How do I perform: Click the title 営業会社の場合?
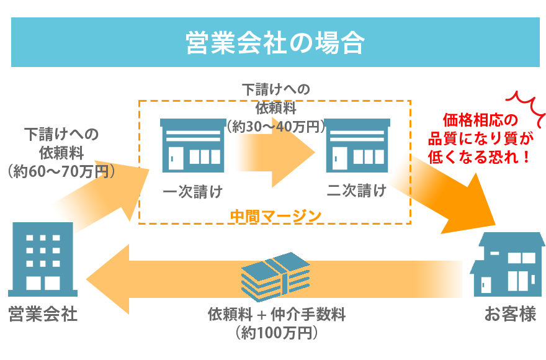[x=275, y=43]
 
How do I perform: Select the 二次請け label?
[x=357, y=191]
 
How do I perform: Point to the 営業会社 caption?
[x=43, y=313]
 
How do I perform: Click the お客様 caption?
[x=510, y=314]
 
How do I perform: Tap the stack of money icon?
[x=275, y=276]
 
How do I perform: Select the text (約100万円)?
[x=277, y=333]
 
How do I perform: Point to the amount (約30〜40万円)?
[x=276, y=127]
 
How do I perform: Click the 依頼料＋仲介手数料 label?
[x=277, y=314]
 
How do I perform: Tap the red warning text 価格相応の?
[x=480, y=120]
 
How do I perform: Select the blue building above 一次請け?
[x=193, y=145]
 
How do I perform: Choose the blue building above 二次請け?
[x=357, y=145]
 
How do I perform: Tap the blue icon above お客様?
[x=509, y=264]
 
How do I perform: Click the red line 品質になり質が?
[x=480, y=138]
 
